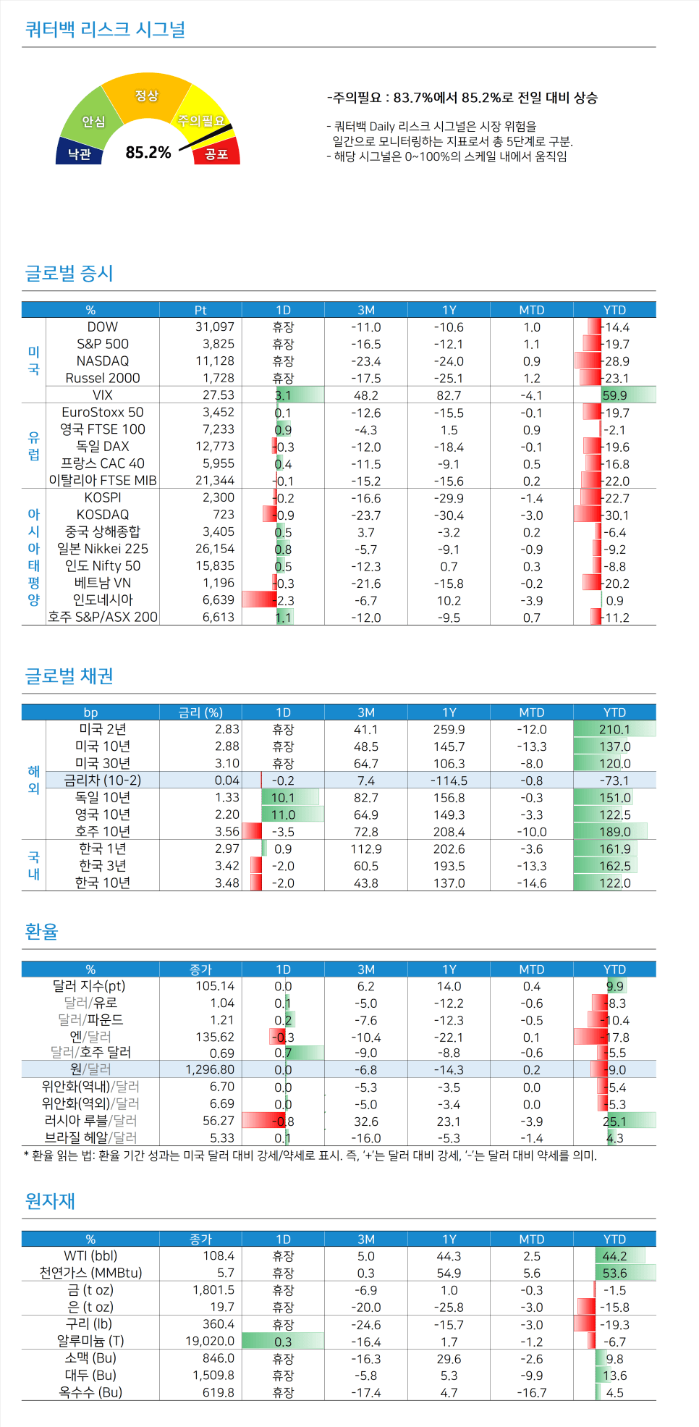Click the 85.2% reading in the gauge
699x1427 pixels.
[148, 152]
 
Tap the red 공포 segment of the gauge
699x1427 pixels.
[217, 153]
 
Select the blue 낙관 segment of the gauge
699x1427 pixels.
[79, 153]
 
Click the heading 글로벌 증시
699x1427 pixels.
[69, 273]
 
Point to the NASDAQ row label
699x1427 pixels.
[103, 361]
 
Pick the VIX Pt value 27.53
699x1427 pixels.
[218, 395]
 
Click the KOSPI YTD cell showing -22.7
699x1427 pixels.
[615, 498]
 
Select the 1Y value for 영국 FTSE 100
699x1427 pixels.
[449, 429]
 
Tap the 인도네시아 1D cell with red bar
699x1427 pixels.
[283, 600]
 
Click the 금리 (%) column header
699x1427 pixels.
[200, 712]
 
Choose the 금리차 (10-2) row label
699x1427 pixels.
[103, 780]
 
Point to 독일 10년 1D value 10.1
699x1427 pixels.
[283, 798]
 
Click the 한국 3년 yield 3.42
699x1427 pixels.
[226, 866]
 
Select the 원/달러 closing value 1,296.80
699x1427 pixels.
[209, 1069]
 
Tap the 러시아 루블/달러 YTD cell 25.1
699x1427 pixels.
[615, 1121]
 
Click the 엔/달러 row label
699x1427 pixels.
[90, 1037]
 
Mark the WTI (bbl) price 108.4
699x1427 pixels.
[219, 1256]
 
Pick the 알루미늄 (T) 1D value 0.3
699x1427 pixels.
[283, 1342]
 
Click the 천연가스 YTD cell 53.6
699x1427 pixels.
[615, 1273]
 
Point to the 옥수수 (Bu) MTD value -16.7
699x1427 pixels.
[531, 1392]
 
